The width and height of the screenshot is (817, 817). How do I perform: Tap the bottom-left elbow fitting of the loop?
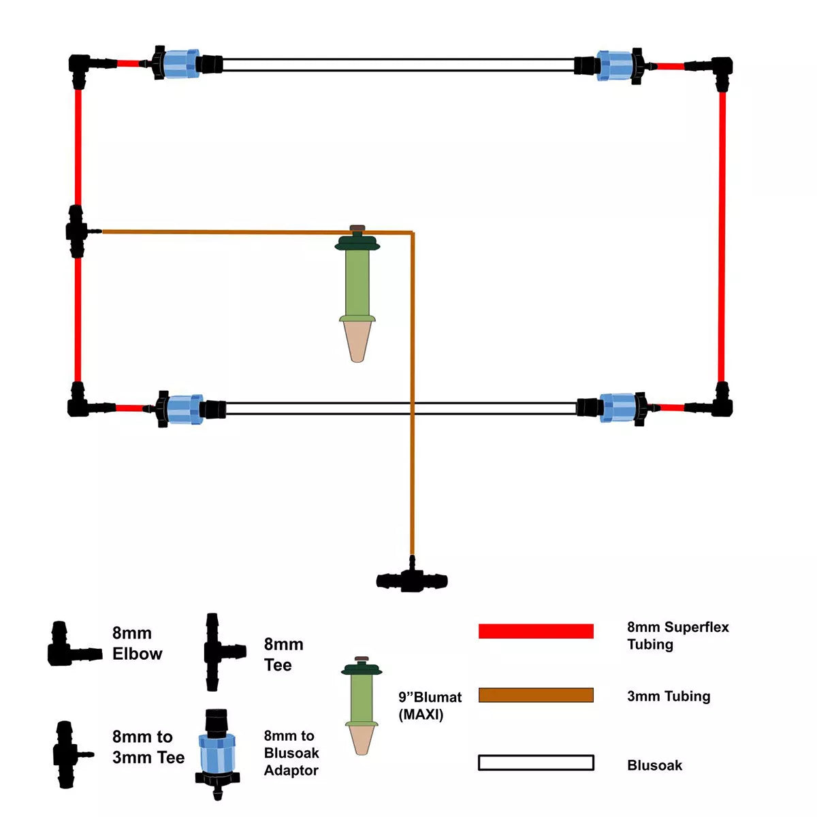(79, 404)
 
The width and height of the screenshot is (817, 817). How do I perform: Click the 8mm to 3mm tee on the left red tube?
(76, 231)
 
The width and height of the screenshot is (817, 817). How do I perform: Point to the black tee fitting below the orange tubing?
(411, 579)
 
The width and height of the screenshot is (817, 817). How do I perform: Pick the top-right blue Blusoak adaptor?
(615, 65)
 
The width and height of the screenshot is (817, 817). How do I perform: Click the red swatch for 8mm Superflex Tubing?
(536, 631)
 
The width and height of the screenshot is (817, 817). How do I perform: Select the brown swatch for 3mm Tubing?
(536, 695)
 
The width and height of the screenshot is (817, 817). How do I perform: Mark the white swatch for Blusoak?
(536, 763)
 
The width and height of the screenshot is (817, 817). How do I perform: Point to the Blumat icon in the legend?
(361, 705)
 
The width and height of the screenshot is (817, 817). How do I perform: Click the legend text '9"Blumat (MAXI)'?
(430, 705)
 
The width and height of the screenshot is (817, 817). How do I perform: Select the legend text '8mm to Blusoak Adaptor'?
(291, 753)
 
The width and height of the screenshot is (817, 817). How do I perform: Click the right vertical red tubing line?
(722, 235)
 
